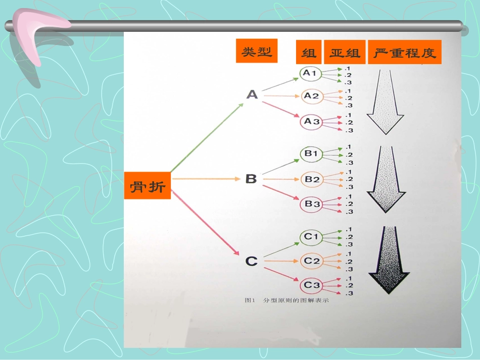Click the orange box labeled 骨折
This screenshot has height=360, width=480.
coord(148,185)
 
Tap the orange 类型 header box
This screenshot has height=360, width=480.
coord(257,51)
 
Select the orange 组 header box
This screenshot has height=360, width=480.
coord(308,53)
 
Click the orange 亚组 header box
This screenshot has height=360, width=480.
coord(345,53)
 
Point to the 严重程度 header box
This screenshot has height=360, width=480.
coord(405,53)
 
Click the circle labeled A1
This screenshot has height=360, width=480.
coord(310,74)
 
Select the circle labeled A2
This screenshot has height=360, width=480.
coord(311,96)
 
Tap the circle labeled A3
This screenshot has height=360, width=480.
coord(311,122)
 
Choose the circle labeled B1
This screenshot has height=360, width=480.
coord(311,153)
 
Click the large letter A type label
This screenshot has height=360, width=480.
coord(252,94)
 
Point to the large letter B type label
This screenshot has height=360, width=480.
coord(251,179)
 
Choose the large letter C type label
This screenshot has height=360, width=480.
coord(251,261)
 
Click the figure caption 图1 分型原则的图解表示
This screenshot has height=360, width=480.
coord(286,301)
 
